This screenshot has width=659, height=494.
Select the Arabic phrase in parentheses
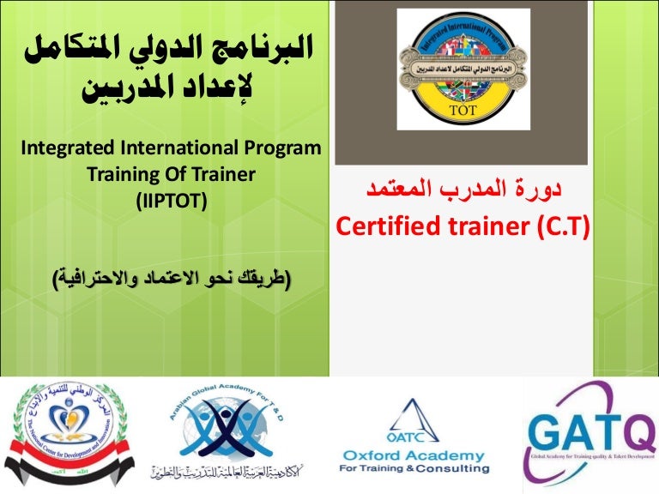(x=171, y=278)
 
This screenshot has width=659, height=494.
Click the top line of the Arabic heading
(x=172, y=52)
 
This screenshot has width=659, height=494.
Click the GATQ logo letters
(x=591, y=429)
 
